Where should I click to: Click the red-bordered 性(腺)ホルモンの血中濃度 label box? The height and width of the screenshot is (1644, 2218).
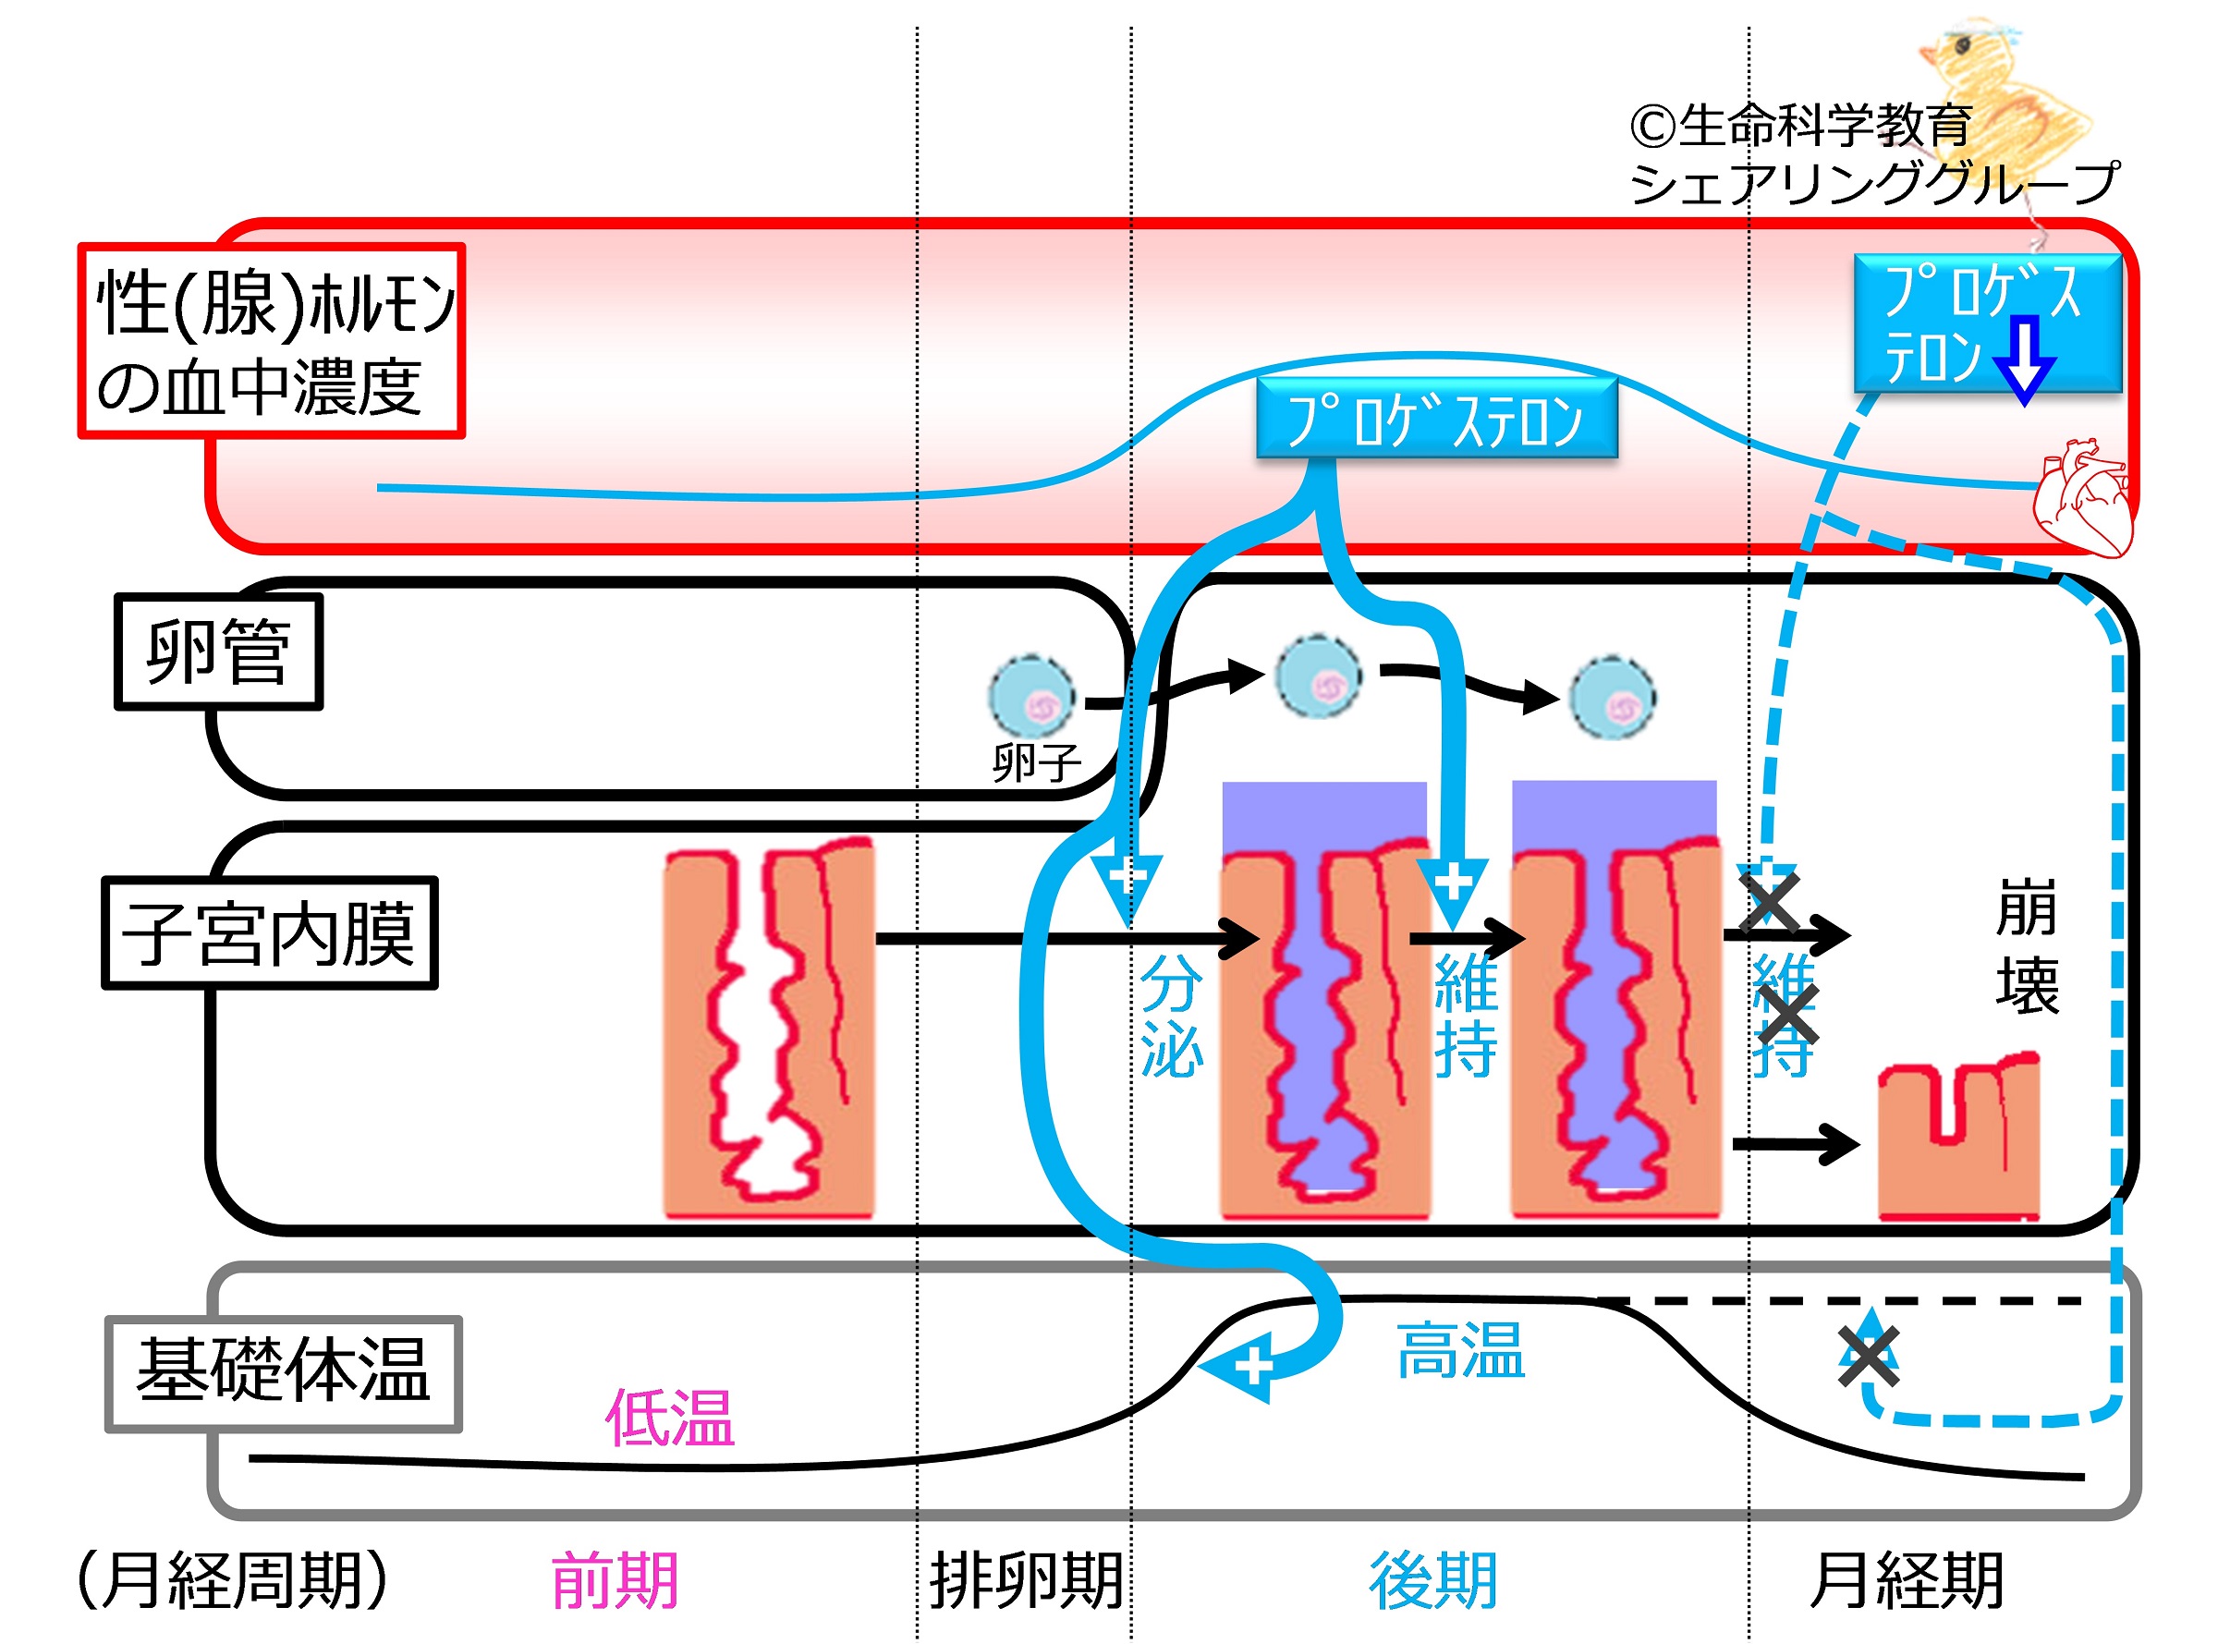click(x=271, y=340)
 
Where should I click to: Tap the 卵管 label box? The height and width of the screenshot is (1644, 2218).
click(x=218, y=652)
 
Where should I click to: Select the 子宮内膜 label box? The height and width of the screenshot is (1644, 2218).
click(x=269, y=933)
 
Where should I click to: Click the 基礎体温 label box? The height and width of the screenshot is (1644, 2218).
click(x=284, y=1373)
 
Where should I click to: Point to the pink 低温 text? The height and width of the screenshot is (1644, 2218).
click(x=670, y=1419)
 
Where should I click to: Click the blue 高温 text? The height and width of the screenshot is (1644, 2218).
click(x=1460, y=1351)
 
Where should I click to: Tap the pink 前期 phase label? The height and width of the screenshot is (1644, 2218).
click(x=614, y=1580)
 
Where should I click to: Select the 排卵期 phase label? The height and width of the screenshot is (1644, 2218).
click(x=1025, y=1580)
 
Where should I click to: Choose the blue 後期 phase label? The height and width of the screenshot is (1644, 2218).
click(x=1432, y=1580)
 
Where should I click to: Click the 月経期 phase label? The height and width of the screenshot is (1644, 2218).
click(x=1906, y=1580)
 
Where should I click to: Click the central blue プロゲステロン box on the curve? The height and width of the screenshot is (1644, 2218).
click(x=1436, y=419)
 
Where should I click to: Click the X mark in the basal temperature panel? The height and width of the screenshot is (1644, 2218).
click(x=1868, y=1356)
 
